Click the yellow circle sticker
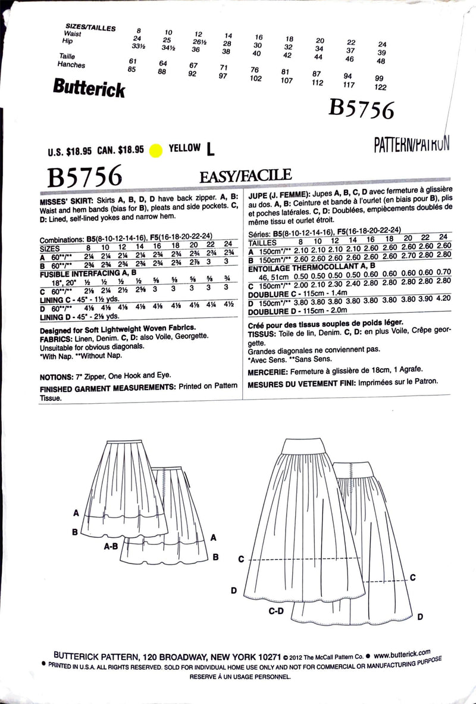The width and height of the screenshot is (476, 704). coord(156,149)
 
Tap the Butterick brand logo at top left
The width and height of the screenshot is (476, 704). coord(89,88)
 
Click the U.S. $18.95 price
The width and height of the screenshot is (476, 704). coord(74,151)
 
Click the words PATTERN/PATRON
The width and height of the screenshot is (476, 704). coord(411,144)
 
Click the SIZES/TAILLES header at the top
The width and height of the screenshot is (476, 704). coord(91,27)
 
